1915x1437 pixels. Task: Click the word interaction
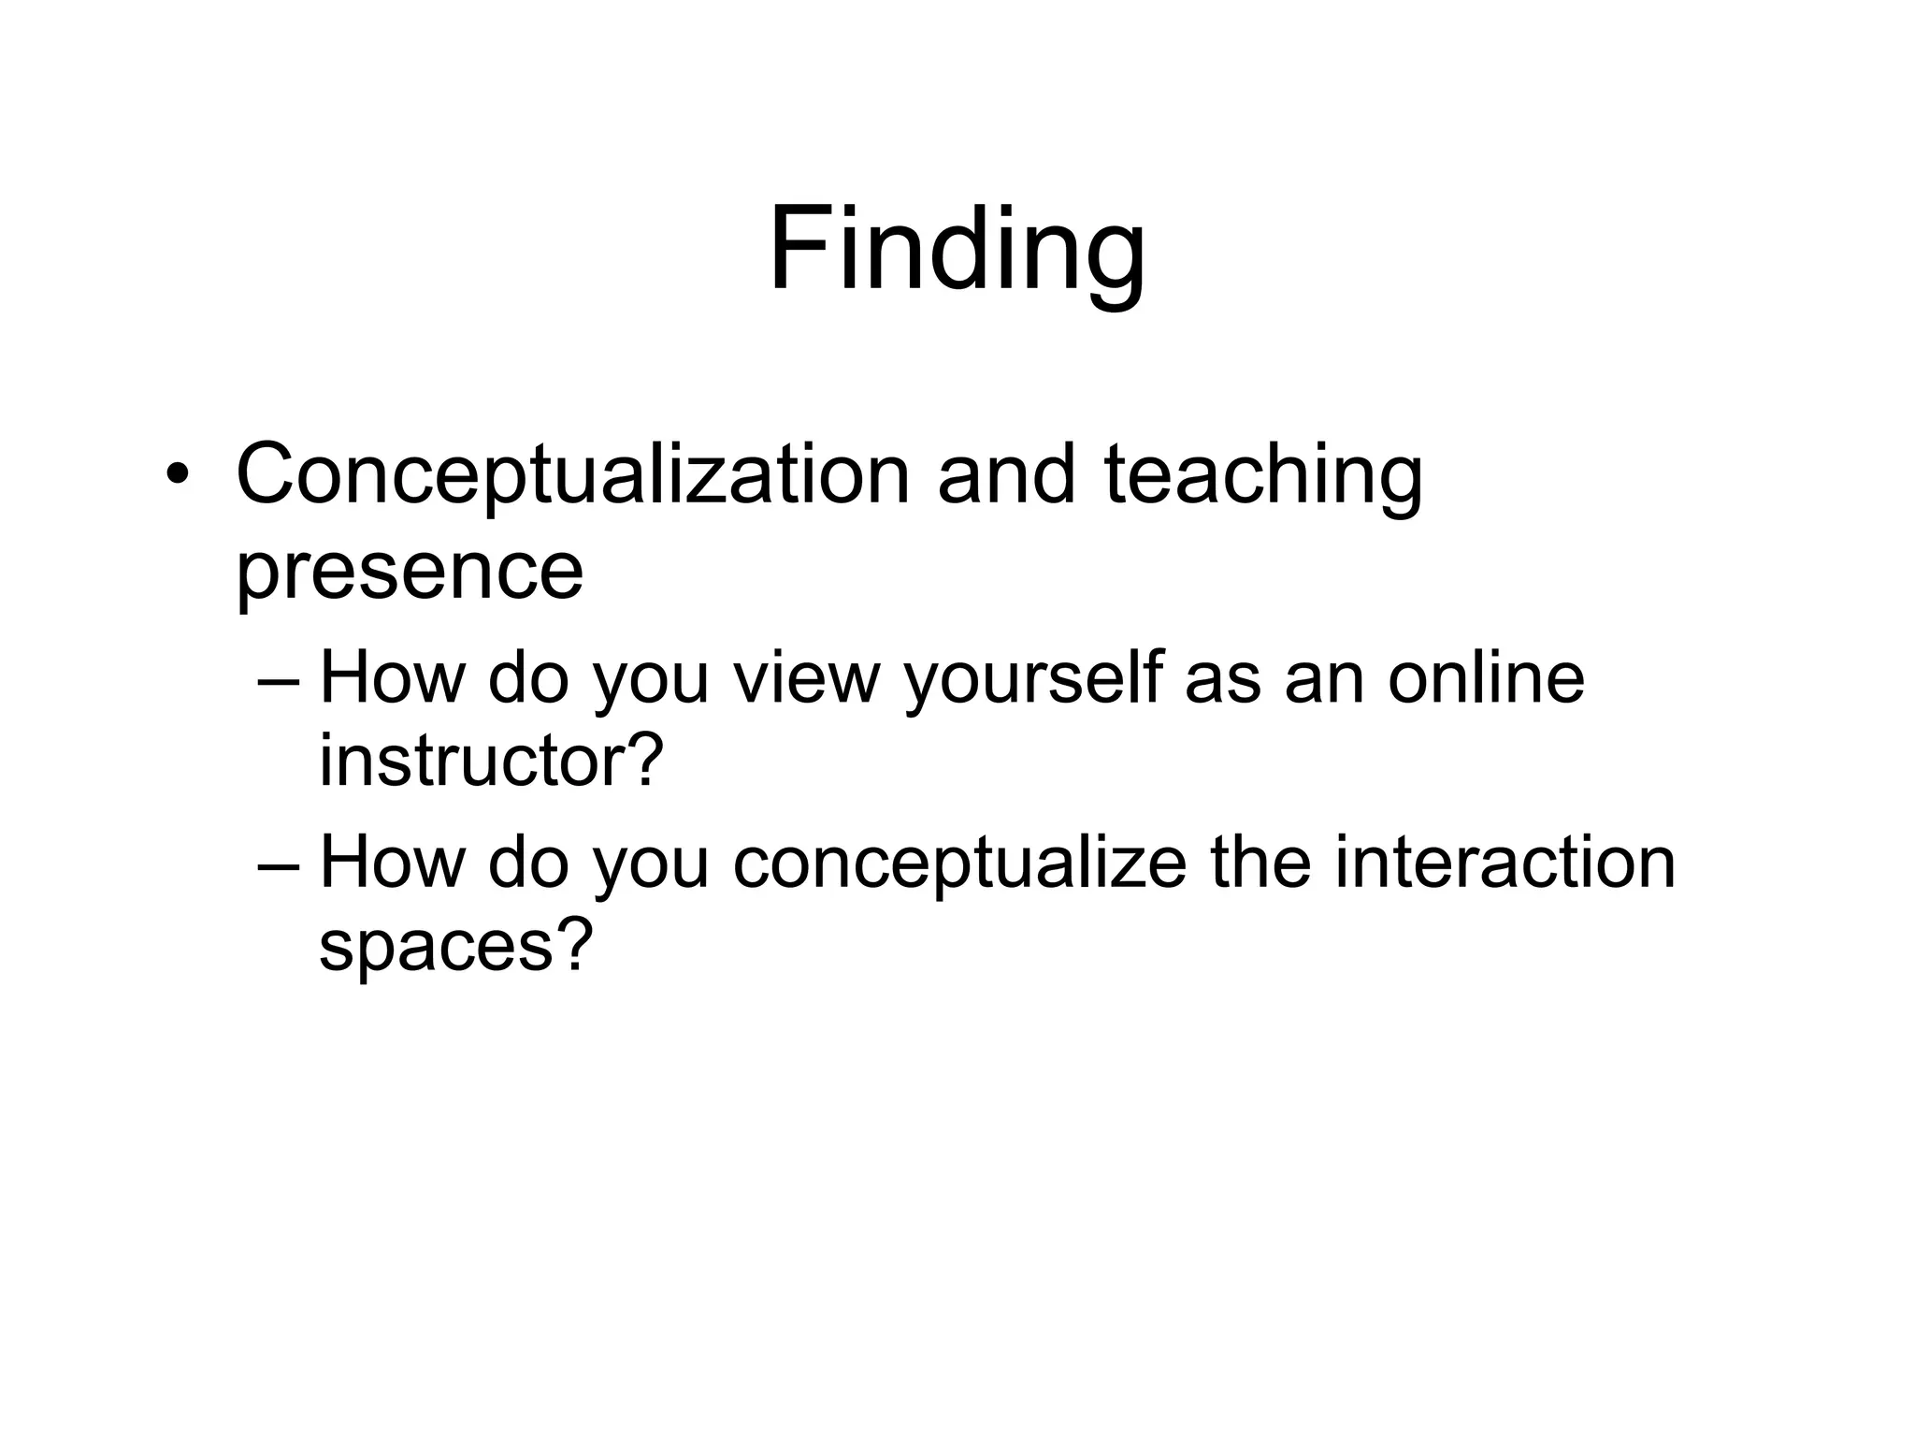(x=1505, y=862)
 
